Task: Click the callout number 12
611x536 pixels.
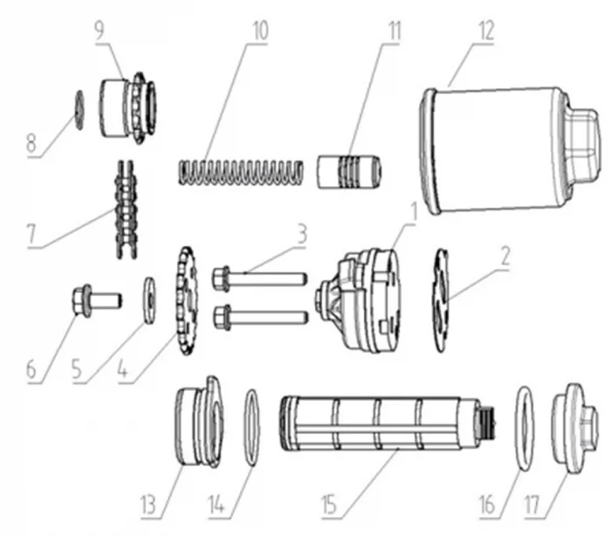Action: pyautogui.click(x=484, y=31)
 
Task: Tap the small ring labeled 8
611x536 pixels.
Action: pyautogui.click(x=77, y=111)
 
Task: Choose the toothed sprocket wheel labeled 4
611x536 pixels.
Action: pyautogui.click(x=185, y=301)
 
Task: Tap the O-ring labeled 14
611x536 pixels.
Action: pyautogui.click(x=251, y=428)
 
